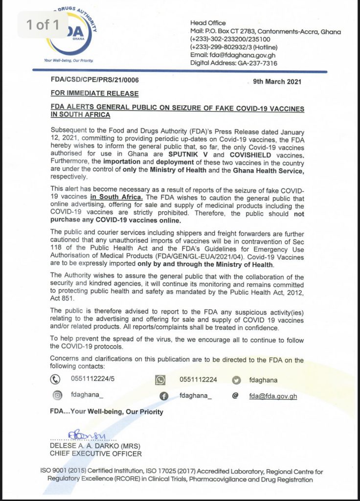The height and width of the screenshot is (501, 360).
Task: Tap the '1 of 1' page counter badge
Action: [43, 24]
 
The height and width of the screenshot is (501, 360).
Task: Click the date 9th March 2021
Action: [275, 82]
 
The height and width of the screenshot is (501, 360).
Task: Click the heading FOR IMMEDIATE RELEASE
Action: [94, 93]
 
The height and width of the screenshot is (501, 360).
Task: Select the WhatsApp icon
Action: [160, 380]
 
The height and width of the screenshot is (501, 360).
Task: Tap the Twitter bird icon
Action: [237, 380]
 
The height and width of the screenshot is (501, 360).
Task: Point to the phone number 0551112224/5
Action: [92, 380]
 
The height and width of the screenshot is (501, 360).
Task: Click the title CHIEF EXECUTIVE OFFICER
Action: [96, 454]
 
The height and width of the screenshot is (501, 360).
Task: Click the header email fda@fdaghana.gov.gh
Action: [235, 55]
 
